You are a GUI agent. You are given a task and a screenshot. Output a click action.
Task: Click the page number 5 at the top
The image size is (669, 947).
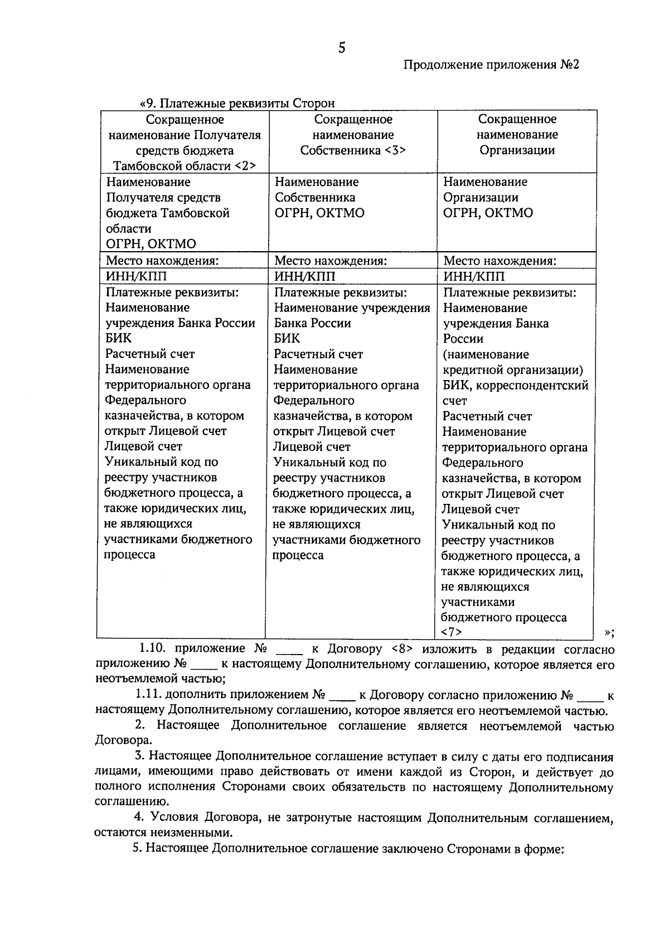click(342, 48)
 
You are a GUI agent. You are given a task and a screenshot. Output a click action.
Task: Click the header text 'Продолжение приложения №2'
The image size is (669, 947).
click(491, 65)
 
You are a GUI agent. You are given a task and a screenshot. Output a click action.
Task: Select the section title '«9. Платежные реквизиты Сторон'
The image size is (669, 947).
click(237, 103)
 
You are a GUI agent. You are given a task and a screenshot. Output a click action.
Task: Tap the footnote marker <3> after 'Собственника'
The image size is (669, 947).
click(394, 151)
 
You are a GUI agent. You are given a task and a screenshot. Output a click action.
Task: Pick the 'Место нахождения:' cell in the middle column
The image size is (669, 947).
click(330, 261)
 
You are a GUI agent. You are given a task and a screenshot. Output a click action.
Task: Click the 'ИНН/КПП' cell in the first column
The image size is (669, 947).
click(136, 277)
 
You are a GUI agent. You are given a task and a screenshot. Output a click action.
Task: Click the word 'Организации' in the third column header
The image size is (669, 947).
click(517, 151)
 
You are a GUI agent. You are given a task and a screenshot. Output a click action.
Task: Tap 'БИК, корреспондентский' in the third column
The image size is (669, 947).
click(516, 385)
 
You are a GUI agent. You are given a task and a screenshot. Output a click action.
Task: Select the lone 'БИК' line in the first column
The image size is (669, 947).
click(118, 338)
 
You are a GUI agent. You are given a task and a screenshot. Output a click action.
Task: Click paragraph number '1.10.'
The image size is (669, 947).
click(153, 649)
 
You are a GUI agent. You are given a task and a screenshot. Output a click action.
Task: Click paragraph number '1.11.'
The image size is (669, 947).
click(148, 695)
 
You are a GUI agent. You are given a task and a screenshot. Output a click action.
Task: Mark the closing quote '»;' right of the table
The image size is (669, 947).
click(609, 632)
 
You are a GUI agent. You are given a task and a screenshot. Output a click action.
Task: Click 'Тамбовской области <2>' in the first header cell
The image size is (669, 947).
click(184, 166)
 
